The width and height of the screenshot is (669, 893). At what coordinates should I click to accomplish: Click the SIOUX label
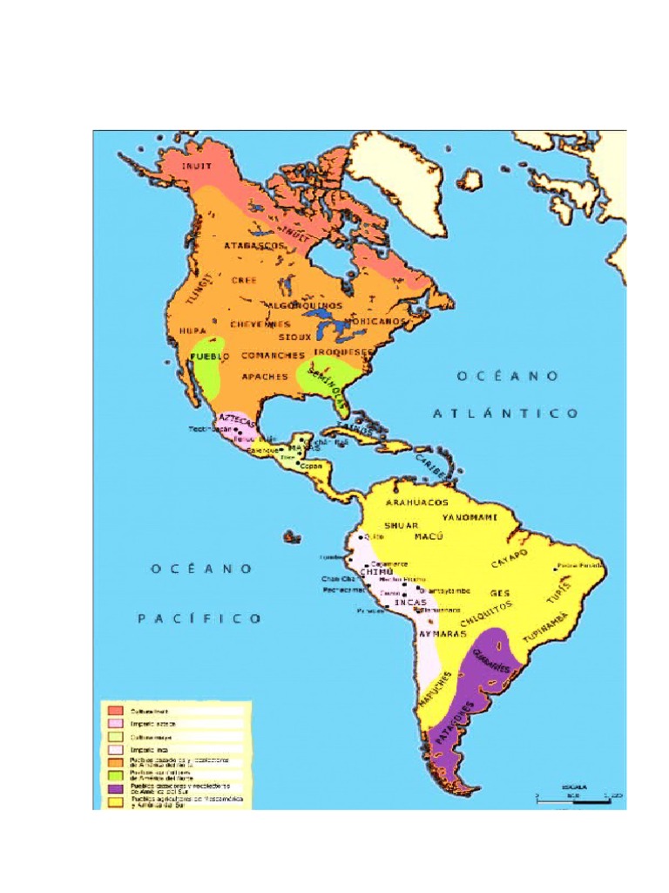coord(295,336)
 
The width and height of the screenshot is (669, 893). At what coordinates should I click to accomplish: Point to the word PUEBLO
coord(210,357)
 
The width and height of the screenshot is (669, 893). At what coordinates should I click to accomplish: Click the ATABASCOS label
coord(255,247)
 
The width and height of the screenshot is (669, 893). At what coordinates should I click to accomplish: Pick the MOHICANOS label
coord(376,321)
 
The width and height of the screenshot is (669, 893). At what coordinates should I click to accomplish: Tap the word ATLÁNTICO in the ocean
coord(505,413)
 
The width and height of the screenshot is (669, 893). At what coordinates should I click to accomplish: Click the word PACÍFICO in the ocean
coord(199,618)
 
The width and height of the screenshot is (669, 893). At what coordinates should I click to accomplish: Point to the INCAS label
coord(409,603)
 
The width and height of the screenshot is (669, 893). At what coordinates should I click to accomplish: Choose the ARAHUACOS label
coord(417,503)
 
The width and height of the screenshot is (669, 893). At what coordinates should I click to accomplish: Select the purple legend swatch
coord(115,786)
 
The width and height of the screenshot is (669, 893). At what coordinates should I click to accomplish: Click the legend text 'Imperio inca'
coord(152,748)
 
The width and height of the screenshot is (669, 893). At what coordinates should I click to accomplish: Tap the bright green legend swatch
coord(115,774)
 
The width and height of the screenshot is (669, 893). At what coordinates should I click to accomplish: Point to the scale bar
coord(577,794)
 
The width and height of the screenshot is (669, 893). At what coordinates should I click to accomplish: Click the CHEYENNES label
coord(260,324)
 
